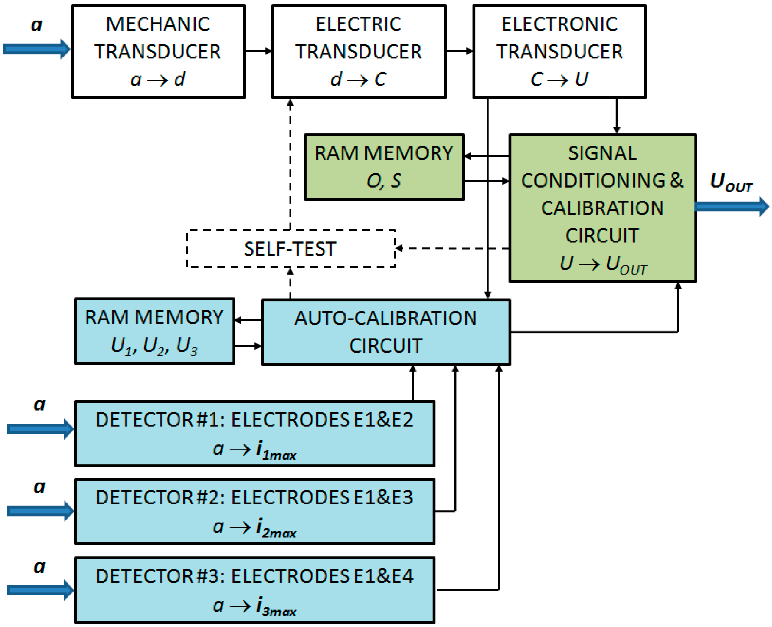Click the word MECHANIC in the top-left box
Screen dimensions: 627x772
tap(157, 24)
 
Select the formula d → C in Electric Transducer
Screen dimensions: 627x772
tap(358, 79)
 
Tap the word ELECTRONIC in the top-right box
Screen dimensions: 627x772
tap(559, 24)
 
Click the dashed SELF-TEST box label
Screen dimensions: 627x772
tap(290, 249)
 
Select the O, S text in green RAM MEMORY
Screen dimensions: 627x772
tap(384, 181)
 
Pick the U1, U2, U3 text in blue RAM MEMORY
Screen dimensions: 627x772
tap(154, 346)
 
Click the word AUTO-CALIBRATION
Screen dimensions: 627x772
tap(385, 318)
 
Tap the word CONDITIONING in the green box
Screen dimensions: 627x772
tap(593, 181)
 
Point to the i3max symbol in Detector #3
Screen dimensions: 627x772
tap(276, 607)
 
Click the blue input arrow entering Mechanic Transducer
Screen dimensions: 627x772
tap(36, 49)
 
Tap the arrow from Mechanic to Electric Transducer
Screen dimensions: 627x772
tap(258, 51)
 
